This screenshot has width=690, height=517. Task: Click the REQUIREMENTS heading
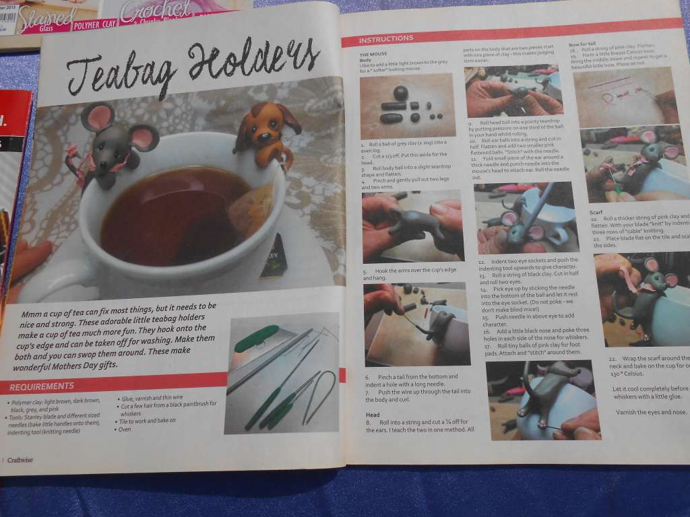(x=42, y=386)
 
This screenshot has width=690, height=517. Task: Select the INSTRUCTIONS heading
(x=386, y=38)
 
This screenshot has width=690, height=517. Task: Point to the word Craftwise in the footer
(x=21, y=459)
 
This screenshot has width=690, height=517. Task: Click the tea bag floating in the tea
(x=251, y=209)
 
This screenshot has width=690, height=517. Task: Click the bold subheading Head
(x=373, y=415)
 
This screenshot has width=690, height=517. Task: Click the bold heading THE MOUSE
(x=373, y=53)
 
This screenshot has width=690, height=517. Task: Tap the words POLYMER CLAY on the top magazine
(x=94, y=24)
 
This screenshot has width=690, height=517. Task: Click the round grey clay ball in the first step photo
(x=400, y=92)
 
